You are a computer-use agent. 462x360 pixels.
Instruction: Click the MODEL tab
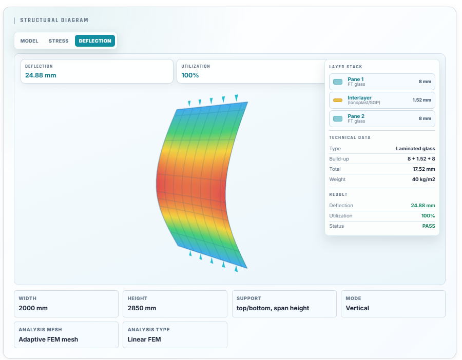[29, 41]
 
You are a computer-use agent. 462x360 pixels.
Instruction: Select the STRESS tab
[59, 41]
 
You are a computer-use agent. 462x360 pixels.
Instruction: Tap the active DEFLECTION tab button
[95, 41]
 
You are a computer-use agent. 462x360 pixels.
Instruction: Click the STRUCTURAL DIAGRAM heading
[54, 20]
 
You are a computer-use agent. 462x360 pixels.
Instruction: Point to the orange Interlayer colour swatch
[338, 101]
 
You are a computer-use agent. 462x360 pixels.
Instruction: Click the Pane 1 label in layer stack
[356, 79]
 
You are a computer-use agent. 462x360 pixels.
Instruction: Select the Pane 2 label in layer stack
[356, 116]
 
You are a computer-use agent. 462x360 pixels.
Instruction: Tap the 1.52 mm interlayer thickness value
[421, 100]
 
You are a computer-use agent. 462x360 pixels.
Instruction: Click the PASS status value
[429, 226]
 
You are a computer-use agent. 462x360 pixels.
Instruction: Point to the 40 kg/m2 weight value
[423, 179]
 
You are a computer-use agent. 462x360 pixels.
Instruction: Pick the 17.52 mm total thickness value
[423, 169]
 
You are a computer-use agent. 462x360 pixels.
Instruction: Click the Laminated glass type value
[415, 149]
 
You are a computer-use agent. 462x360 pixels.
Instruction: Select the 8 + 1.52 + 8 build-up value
[421, 159]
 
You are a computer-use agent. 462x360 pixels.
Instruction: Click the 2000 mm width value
[33, 308]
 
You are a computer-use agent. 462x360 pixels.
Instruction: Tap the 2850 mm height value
[142, 308]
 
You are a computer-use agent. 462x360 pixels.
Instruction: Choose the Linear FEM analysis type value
[144, 339]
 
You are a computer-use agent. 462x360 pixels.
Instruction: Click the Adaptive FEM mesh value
[48, 339]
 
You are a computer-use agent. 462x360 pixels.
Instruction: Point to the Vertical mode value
[357, 308]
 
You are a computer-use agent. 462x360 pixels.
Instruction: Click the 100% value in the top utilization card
[190, 75]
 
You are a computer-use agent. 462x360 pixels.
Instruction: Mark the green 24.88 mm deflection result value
[423, 206]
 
